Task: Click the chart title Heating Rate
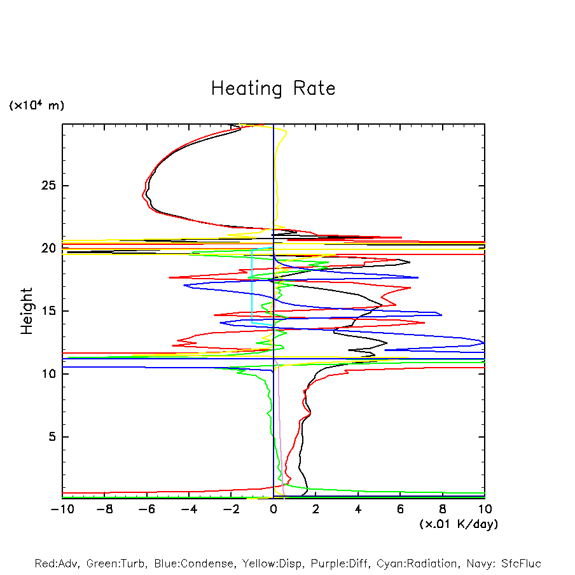273,88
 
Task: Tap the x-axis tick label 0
274,509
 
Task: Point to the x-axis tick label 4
358,509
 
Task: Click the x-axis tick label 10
484,509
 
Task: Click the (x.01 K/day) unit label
458,524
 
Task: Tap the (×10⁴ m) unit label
36,106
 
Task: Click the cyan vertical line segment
253,286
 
